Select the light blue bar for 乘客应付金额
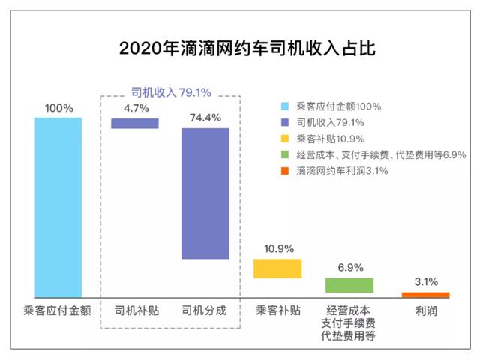58,207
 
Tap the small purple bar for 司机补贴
135,124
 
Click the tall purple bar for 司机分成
205,193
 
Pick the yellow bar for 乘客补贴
277,268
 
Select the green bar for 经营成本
349,285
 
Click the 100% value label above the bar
58,108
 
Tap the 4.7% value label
136,108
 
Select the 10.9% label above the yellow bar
278,248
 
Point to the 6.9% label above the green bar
350,267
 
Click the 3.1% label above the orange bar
424,282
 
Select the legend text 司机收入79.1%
330,123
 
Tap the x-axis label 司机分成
205,310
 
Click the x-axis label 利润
424,310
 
